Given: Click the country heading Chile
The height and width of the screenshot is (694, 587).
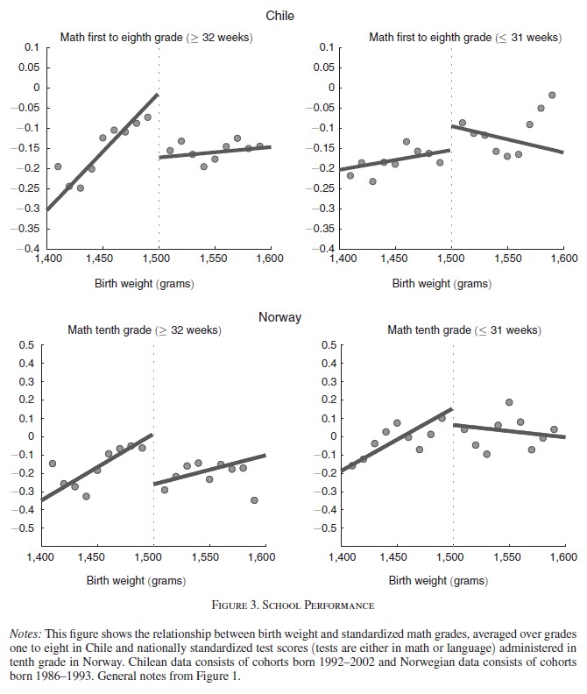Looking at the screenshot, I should (x=279, y=15).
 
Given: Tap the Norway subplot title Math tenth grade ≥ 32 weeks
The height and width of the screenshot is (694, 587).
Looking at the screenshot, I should (x=145, y=330).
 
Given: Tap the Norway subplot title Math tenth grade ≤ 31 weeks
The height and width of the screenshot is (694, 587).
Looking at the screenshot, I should (x=463, y=330).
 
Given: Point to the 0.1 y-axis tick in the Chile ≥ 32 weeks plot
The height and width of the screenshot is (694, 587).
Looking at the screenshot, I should (x=32, y=46).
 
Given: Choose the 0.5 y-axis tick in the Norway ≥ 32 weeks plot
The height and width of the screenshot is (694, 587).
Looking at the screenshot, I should (x=26, y=344).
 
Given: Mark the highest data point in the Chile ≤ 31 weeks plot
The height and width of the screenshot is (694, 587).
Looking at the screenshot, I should (x=552, y=95).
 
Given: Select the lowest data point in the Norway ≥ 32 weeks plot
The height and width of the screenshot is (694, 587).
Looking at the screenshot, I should (x=254, y=500).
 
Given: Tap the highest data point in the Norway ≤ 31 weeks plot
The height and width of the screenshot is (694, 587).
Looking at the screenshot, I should (x=508, y=402).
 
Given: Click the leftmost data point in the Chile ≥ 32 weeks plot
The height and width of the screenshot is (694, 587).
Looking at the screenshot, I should (x=58, y=166).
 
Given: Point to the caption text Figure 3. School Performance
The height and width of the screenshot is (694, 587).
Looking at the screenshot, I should (x=293, y=605).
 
